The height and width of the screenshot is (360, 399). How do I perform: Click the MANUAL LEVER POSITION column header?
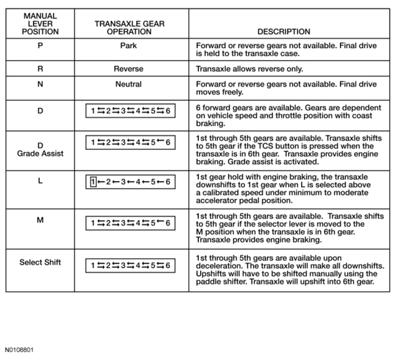pyautogui.click(x=40, y=24)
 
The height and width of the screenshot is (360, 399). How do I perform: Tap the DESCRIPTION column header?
pyautogui.click(x=284, y=32)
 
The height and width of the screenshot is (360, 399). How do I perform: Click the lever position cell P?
pyautogui.click(x=40, y=46)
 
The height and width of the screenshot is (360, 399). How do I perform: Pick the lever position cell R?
pyautogui.click(x=40, y=69)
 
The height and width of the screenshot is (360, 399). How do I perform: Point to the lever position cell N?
pyautogui.click(x=40, y=84)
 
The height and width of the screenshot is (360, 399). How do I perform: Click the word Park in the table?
pyautogui.click(x=129, y=46)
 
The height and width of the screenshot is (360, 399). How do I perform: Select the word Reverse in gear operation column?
pyautogui.click(x=129, y=69)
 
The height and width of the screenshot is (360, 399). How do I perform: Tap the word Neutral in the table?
pyautogui.click(x=129, y=84)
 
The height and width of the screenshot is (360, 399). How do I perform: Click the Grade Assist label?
pyautogui.click(x=40, y=154)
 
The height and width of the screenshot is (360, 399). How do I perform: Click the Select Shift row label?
pyautogui.click(x=40, y=262)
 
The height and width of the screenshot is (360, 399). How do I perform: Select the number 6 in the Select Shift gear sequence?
pyautogui.click(x=168, y=266)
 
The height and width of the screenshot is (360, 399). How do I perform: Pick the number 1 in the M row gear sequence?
pyautogui.click(x=93, y=223)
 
